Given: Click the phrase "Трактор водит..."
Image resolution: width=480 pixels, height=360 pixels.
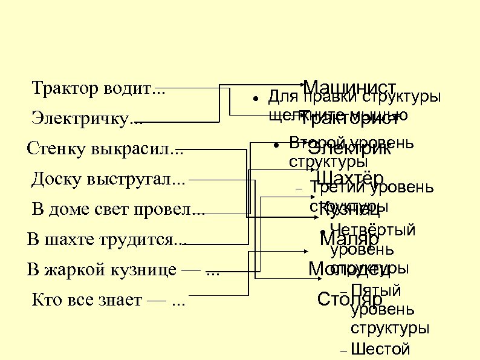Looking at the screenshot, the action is [x=98, y=90].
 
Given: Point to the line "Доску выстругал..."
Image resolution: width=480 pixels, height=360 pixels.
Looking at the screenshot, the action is [x=109, y=179].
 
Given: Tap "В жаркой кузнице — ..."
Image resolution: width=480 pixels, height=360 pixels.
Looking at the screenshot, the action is [x=123, y=270].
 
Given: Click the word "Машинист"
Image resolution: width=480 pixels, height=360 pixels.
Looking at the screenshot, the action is [x=349, y=88].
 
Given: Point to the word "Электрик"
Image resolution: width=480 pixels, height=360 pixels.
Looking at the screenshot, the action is [x=349, y=149].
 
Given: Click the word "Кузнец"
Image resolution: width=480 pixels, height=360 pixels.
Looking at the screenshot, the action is [x=349, y=210].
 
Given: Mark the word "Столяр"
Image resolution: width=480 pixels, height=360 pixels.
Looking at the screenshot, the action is [x=349, y=299].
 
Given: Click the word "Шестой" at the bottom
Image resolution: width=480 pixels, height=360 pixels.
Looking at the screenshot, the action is [x=380, y=349].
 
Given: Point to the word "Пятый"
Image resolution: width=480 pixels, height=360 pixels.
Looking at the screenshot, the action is [x=376, y=291].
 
